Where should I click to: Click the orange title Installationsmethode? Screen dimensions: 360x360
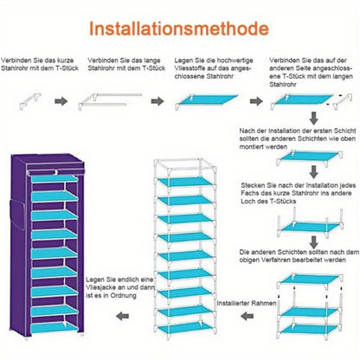pos(179,29)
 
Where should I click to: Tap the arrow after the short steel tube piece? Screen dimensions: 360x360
pos(61,101)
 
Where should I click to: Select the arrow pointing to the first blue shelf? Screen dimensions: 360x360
pos(157,101)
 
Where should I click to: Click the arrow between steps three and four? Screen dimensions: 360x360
pos(256,101)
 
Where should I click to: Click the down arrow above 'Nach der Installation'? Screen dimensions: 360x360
pos(314,118)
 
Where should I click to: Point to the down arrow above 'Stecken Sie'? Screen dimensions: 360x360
pos(314,172)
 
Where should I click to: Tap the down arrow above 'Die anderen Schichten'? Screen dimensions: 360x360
pos(314,241)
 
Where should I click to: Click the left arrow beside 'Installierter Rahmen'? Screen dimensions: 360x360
pos(247,316)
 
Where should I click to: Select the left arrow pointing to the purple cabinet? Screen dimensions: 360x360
pos(123,316)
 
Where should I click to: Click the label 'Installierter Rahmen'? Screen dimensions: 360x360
pos(247,303)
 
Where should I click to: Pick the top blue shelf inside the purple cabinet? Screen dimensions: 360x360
pos(55,178)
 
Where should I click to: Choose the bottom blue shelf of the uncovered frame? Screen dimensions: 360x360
pos(185,327)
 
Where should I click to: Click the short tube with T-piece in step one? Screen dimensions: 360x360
pos(30,101)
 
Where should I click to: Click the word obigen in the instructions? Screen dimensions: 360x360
pos(249,260)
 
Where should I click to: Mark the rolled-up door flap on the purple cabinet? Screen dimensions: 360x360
pos(55,171)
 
